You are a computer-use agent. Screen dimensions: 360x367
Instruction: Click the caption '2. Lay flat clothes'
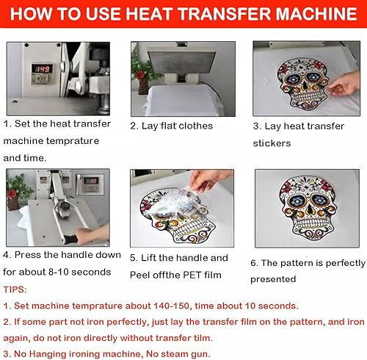172,126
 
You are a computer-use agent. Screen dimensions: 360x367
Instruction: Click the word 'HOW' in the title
34,15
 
